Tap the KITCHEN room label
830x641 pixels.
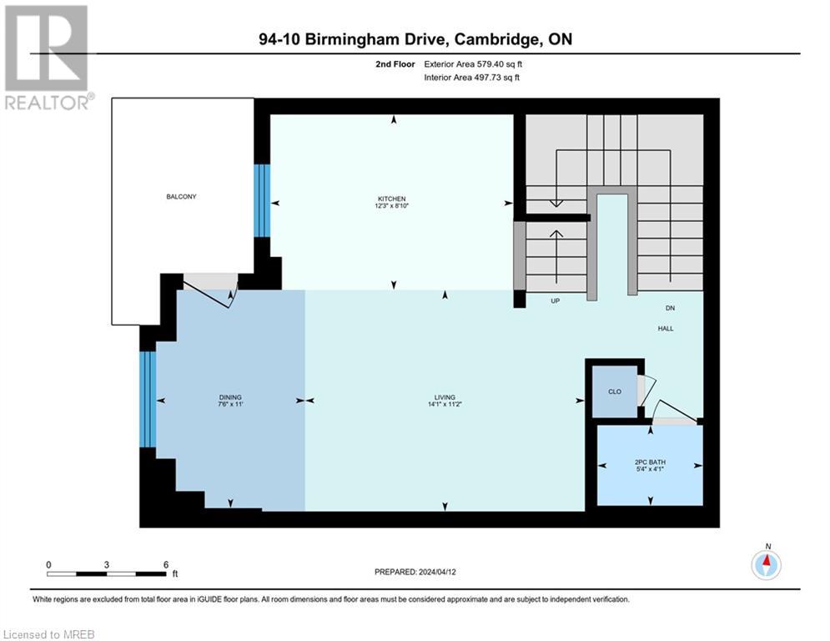(391, 199)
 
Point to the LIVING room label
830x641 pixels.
(445, 397)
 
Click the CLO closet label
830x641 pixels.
(614, 391)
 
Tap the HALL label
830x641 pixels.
(665, 328)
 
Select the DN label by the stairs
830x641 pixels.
(670, 308)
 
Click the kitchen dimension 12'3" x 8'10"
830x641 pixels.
(391, 206)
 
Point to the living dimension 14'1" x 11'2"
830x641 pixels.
(445, 405)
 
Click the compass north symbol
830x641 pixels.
(767, 565)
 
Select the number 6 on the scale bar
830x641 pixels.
(165, 564)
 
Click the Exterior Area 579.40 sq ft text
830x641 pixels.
(473, 63)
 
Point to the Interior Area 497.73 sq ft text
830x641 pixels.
(473, 78)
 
